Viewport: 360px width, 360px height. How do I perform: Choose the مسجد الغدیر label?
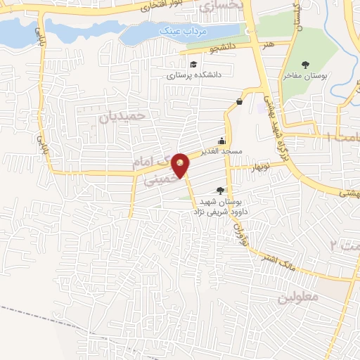223,151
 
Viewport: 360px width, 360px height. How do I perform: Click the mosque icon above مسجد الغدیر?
222,140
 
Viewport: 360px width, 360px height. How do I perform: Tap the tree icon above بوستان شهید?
221,191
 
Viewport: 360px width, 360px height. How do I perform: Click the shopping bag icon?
239,101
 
